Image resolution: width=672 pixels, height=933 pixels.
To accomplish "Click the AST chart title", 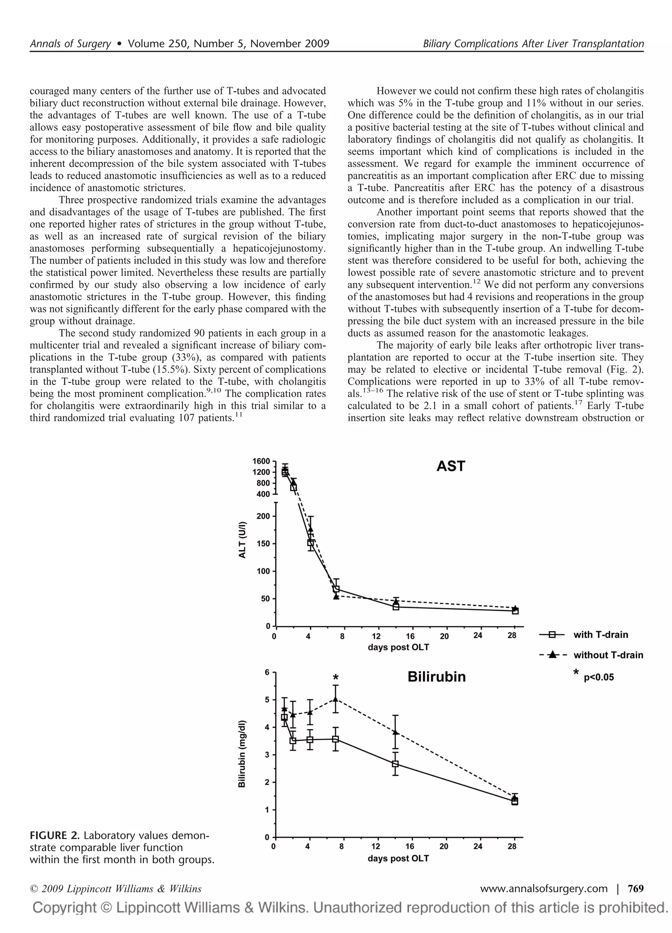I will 451,466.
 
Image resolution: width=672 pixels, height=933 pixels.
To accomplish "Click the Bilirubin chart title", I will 436,677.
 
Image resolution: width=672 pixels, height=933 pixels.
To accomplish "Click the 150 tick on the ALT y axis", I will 263,544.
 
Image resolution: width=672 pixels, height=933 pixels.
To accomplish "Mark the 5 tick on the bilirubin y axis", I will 267,700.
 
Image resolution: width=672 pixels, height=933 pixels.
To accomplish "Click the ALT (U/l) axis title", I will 242,540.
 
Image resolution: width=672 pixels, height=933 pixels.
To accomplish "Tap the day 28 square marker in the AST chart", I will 515,611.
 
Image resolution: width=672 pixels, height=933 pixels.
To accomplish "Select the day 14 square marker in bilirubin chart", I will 395,764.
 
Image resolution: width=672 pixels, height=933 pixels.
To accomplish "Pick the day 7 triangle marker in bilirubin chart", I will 336,699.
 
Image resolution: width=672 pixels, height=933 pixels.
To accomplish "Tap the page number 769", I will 636,889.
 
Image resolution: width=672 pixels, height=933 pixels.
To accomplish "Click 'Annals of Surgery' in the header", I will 70,44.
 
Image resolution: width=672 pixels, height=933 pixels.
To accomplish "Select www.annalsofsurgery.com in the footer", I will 544,889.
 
